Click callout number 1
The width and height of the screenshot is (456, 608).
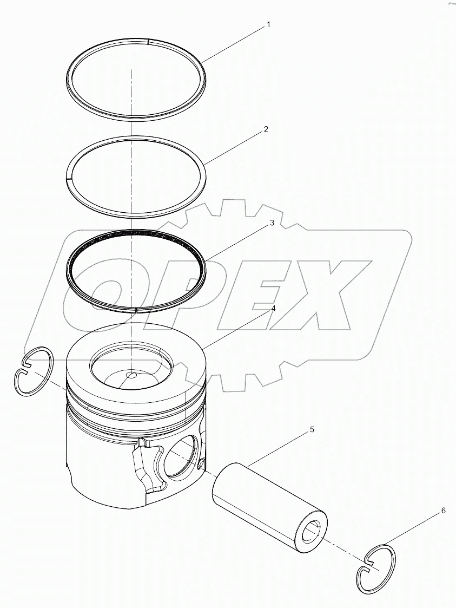(x=268, y=25)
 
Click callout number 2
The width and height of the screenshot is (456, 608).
(x=266, y=129)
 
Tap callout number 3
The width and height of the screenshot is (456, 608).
(x=273, y=223)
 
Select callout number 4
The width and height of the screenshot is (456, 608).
(x=273, y=309)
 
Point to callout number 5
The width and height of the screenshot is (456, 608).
(x=312, y=430)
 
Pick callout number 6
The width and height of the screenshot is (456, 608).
(x=443, y=511)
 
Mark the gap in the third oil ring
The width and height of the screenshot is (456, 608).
(x=137, y=309)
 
